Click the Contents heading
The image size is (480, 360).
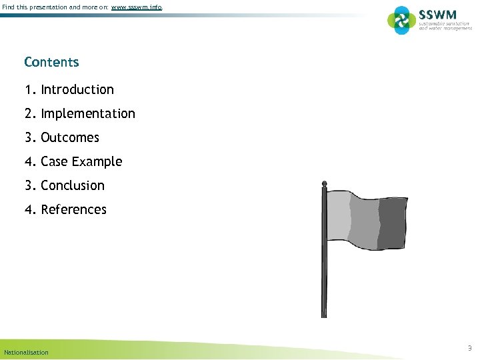(51, 62)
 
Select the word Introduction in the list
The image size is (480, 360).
(77, 89)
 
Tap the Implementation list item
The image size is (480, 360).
(87, 113)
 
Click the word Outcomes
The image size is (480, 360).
(70, 137)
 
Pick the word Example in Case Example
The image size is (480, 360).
(97, 161)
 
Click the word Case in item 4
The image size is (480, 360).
(54, 161)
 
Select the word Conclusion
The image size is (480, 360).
(73, 185)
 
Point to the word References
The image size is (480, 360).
(73, 209)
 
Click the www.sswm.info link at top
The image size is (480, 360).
(136, 7)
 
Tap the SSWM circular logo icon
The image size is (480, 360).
(401, 20)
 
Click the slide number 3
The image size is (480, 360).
(469, 348)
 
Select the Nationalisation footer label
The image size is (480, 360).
(26, 352)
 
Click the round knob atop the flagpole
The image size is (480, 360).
(325, 183)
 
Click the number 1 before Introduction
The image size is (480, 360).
(29, 89)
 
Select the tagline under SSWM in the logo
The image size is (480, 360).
(445, 26)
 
